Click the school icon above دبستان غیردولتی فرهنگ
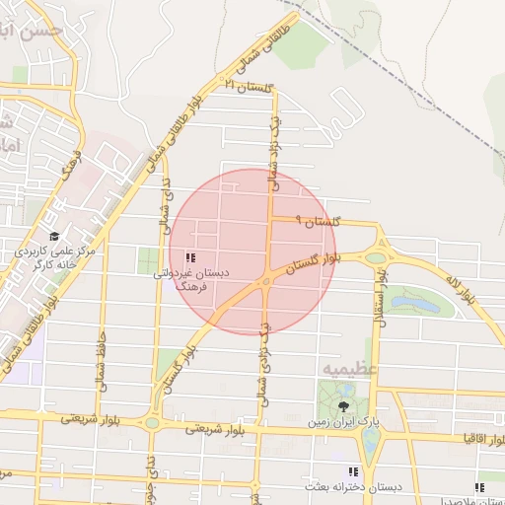tap(189, 257)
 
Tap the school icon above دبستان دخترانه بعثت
tap(354, 472)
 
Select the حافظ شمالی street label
tap(100, 362)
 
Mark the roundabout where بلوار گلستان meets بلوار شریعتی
tap(152, 423)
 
